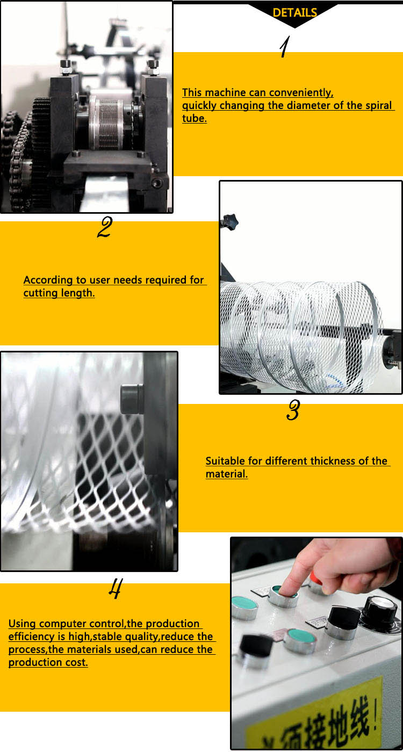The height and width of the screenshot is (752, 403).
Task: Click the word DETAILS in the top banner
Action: pyautogui.click(x=294, y=13)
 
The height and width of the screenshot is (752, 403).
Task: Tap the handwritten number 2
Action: pyautogui.click(x=104, y=228)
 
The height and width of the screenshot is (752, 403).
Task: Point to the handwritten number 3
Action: pyautogui.click(x=293, y=411)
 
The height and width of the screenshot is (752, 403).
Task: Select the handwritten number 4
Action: pyautogui.click(x=114, y=589)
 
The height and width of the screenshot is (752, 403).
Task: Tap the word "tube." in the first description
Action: pyautogui.click(x=194, y=119)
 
